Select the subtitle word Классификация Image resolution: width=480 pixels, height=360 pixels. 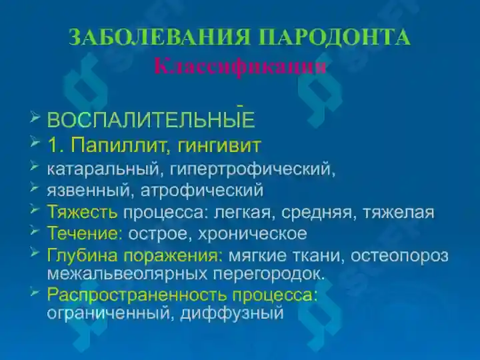(x=240, y=66)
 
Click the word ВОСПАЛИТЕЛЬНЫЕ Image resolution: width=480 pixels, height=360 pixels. (x=151, y=121)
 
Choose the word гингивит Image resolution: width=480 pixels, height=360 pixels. (x=219, y=145)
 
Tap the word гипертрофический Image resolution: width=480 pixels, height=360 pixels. (x=247, y=169)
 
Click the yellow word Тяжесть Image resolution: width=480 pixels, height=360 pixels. (x=82, y=213)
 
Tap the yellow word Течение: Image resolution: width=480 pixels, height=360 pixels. (x=85, y=234)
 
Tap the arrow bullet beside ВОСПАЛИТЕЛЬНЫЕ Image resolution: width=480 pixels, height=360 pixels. (x=35, y=119)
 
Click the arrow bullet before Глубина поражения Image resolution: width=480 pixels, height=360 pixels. (x=35, y=253)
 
